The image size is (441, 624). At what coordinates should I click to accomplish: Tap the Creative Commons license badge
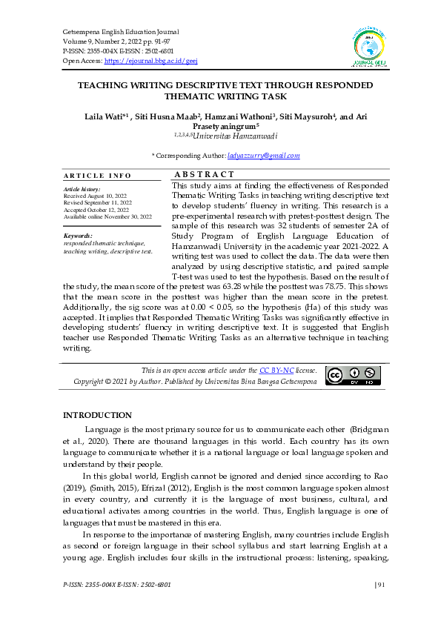354,376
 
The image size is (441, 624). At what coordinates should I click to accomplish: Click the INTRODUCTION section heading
97,415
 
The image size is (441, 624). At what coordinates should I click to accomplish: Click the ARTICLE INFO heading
97,176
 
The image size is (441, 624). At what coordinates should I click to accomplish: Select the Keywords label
78,236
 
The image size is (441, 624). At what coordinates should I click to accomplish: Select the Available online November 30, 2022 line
107,216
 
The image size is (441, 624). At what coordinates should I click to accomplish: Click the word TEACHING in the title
105,86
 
